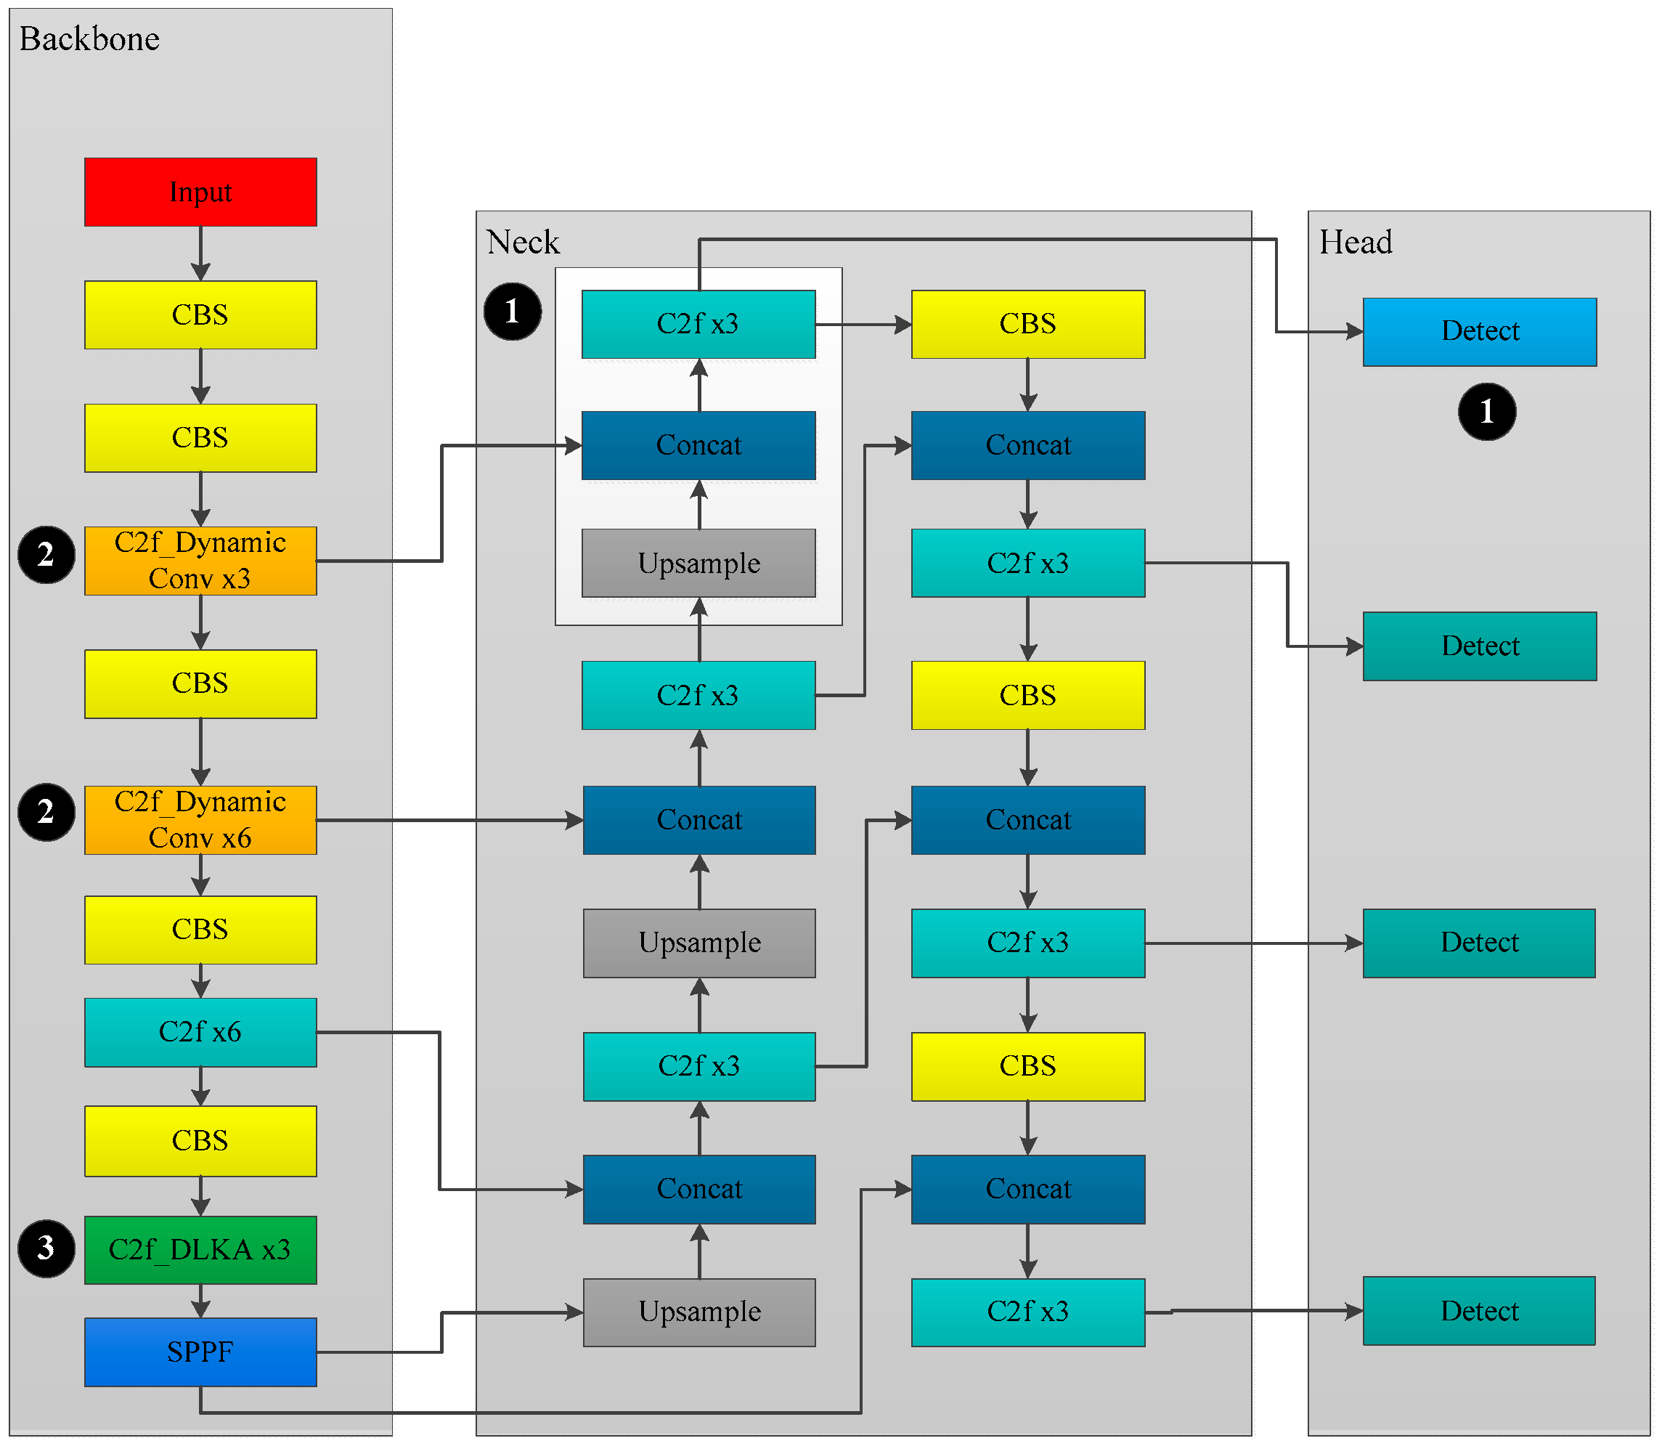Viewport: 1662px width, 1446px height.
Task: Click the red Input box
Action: click(x=200, y=192)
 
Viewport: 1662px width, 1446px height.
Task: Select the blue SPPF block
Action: click(x=200, y=1352)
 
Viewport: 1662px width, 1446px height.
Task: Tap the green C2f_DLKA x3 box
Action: click(x=200, y=1249)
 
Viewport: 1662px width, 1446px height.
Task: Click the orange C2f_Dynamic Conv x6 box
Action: click(x=200, y=820)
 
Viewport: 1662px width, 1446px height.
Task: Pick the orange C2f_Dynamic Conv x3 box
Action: click(x=200, y=561)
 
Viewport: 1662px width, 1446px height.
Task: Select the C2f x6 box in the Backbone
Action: click(x=200, y=1032)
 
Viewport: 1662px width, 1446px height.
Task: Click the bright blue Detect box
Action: click(x=1479, y=332)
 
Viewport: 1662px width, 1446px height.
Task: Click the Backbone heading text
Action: click(x=89, y=39)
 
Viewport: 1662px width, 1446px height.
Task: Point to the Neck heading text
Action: click(x=523, y=242)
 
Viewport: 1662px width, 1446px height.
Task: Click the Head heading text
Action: click(x=1356, y=242)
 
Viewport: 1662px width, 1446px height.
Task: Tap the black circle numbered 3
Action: click(x=46, y=1248)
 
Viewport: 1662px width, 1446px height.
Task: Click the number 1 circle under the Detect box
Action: click(x=1486, y=412)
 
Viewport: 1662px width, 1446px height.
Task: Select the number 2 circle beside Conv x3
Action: click(x=46, y=554)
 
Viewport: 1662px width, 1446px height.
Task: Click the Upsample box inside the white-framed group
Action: click(x=698, y=564)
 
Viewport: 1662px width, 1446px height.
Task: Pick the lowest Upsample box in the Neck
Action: click(x=698, y=1312)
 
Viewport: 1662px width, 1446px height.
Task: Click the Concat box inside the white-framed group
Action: click(x=698, y=445)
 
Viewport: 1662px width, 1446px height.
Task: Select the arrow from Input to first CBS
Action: click(x=200, y=253)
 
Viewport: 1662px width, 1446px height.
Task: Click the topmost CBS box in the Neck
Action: click(x=1027, y=324)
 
